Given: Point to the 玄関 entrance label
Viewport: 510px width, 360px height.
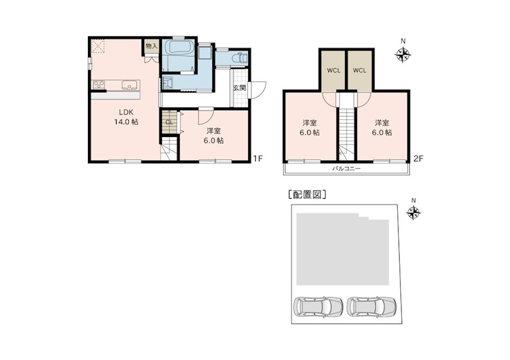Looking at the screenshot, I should pos(239,88).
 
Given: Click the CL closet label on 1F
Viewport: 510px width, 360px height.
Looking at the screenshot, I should pos(169,122).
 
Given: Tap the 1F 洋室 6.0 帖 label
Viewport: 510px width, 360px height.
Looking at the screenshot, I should pos(214,136).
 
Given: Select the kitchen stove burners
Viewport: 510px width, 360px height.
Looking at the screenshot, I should pos(100,85).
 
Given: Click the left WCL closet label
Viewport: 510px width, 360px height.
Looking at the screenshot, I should pos(333,70).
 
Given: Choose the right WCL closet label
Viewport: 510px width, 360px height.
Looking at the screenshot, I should pos(359,70).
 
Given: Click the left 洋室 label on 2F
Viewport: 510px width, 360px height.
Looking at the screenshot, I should pos(310,127).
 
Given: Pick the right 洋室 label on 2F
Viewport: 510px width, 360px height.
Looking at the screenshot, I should pos(382,127).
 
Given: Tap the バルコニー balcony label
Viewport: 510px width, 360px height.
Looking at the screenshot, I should pos(346,169).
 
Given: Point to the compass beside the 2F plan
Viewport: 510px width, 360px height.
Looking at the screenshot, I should pos(403,55).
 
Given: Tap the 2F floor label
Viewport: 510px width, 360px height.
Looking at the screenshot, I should pos(418,158).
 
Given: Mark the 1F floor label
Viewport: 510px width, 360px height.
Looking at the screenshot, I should pos(256,158).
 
